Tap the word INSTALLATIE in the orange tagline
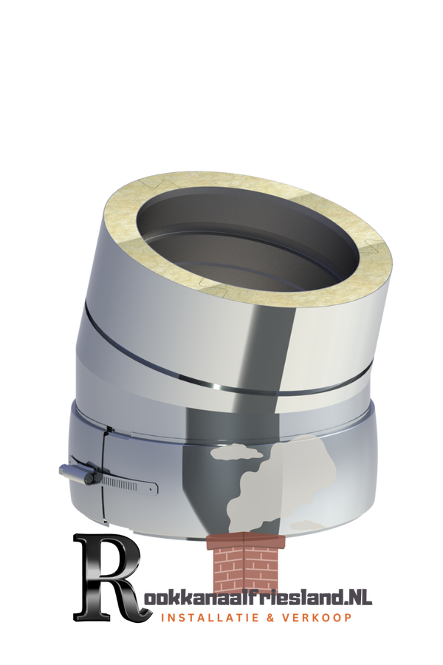(x=207, y=618)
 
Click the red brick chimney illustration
(x=246, y=562)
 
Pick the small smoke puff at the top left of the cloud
(x=236, y=452)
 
